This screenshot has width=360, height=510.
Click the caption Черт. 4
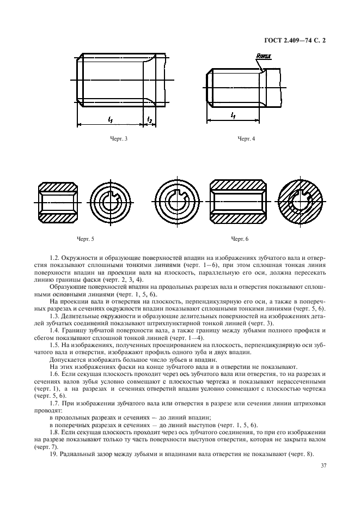click(x=246, y=139)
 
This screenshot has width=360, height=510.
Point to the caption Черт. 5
click(x=86, y=239)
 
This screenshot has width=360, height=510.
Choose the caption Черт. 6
click(x=239, y=239)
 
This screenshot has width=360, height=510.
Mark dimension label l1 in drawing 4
click(x=233, y=116)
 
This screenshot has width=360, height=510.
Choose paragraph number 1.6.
click(x=53, y=375)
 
